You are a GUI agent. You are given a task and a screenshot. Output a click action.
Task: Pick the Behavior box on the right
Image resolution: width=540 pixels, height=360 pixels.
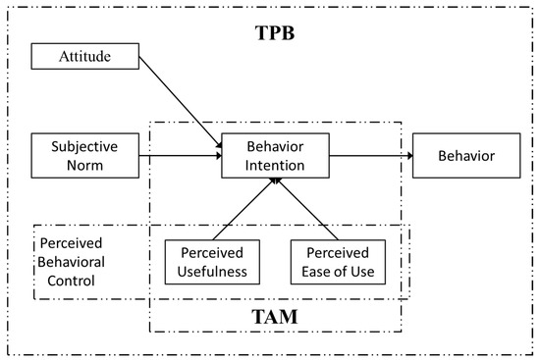[465, 155]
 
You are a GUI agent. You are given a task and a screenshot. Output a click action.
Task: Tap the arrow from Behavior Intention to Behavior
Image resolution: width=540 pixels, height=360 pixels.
[370, 155]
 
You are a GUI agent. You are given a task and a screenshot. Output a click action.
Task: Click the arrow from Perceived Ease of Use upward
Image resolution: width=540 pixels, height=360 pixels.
[307, 209]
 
